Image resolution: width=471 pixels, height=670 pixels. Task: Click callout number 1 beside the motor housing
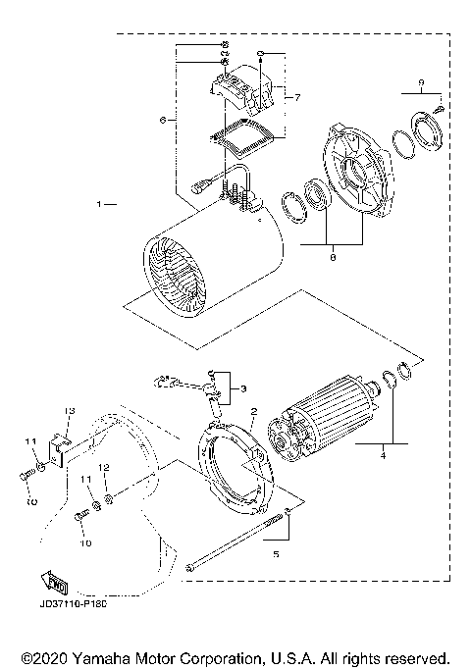coord(100,205)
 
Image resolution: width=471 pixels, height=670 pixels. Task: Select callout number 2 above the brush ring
coord(253,412)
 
